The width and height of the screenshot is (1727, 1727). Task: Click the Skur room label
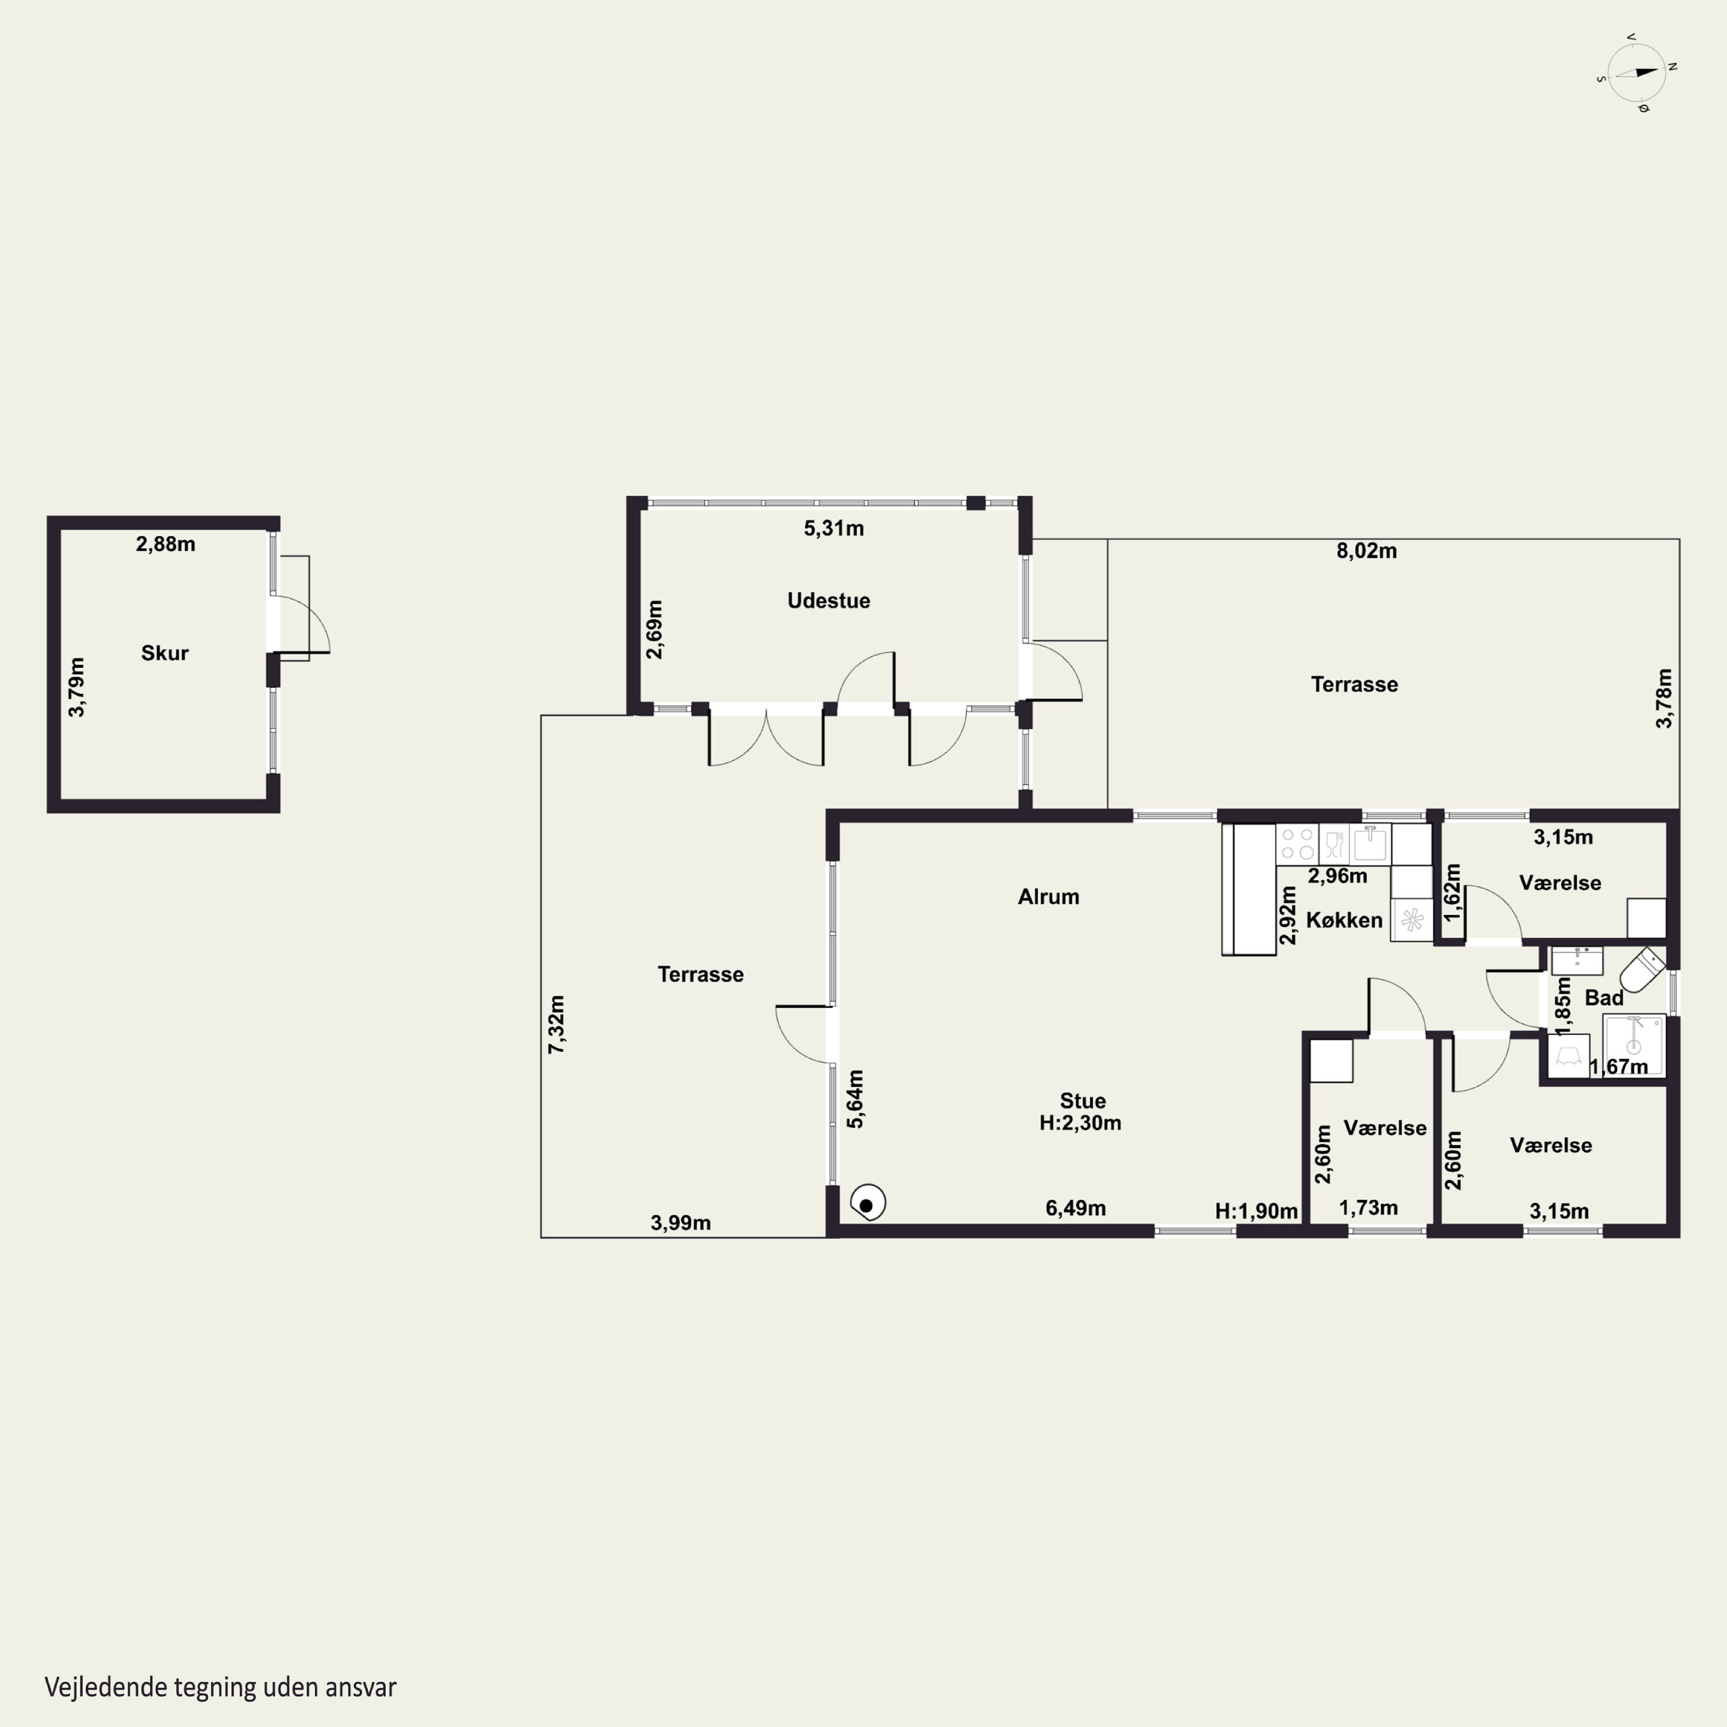165,653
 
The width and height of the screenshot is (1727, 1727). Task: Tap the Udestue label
828,600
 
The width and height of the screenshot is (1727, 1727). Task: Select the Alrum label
1048,896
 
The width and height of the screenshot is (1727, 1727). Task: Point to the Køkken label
1344,920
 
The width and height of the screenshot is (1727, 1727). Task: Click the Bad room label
1604,998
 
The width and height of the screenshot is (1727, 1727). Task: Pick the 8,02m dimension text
1367,551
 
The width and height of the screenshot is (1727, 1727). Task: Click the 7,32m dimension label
556,1025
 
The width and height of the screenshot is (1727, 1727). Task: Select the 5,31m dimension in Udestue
834,528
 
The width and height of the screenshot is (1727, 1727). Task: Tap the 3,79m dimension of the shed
77,687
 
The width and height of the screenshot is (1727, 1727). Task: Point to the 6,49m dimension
1076,1208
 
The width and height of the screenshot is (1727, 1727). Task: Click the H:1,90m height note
1256,1211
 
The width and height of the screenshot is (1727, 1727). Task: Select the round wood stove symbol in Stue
867,1203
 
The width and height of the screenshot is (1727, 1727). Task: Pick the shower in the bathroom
1634,1044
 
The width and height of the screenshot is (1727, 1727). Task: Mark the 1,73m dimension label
1368,1208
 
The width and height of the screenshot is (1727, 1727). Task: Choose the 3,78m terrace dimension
1664,698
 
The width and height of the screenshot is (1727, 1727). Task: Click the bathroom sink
1577,961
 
